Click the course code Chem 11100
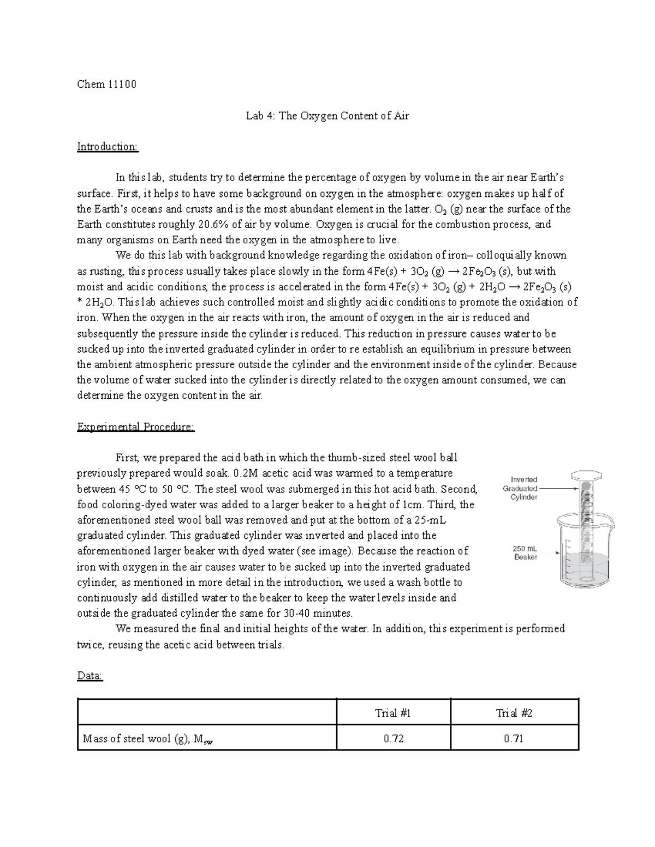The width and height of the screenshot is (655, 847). pyautogui.click(x=106, y=85)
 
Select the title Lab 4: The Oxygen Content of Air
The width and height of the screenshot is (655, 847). pyautogui.click(x=327, y=116)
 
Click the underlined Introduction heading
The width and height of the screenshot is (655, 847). pyautogui.click(x=108, y=147)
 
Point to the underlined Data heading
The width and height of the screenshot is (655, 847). pyautogui.click(x=90, y=676)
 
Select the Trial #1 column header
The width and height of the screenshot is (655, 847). pyautogui.click(x=393, y=713)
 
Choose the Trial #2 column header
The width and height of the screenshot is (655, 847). pyautogui.click(x=514, y=713)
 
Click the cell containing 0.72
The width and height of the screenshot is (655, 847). pyautogui.click(x=393, y=739)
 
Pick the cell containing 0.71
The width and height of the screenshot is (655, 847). pyautogui.click(x=514, y=739)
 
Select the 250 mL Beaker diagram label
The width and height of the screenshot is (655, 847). pyautogui.click(x=526, y=552)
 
